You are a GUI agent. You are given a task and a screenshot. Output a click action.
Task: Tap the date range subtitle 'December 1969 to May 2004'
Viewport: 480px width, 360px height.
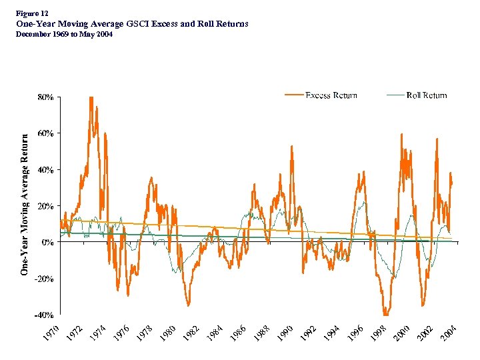pyautogui.click(x=64, y=34)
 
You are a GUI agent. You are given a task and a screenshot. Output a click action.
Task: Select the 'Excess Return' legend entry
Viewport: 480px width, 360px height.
pyautogui.click(x=331, y=95)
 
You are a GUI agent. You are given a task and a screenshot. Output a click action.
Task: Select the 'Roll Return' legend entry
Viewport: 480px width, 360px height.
pyautogui.click(x=426, y=95)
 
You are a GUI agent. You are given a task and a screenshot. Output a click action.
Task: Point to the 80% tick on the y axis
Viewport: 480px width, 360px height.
pyautogui.click(x=45, y=97)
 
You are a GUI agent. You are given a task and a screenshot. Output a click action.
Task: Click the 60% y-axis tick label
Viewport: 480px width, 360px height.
pyautogui.click(x=45, y=133)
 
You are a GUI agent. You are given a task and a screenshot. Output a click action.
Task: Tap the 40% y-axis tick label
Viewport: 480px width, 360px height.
pyautogui.click(x=45, y=169)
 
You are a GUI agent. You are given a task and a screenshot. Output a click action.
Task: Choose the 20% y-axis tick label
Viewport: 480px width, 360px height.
pyautogui.click(x=45, y=206)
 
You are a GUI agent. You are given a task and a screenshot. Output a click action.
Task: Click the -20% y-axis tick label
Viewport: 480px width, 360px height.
pyautogui.click(x=44, y=279)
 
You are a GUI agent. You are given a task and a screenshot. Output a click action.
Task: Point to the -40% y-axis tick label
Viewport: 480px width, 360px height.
pyautogui.click(x=44, y=315)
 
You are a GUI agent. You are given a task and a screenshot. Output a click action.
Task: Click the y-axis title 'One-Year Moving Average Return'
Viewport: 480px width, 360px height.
pyautogui.click(x=24, y=205)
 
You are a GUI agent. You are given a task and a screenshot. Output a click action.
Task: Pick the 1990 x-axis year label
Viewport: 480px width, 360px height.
pyautogui.click(x=285, y=332)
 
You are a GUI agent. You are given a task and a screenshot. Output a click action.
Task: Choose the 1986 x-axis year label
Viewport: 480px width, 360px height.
pyautogui.click(x=238, y=332)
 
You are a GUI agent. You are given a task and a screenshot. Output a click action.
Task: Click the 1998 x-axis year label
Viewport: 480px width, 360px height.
pyautogui.click(x=378, y=332)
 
